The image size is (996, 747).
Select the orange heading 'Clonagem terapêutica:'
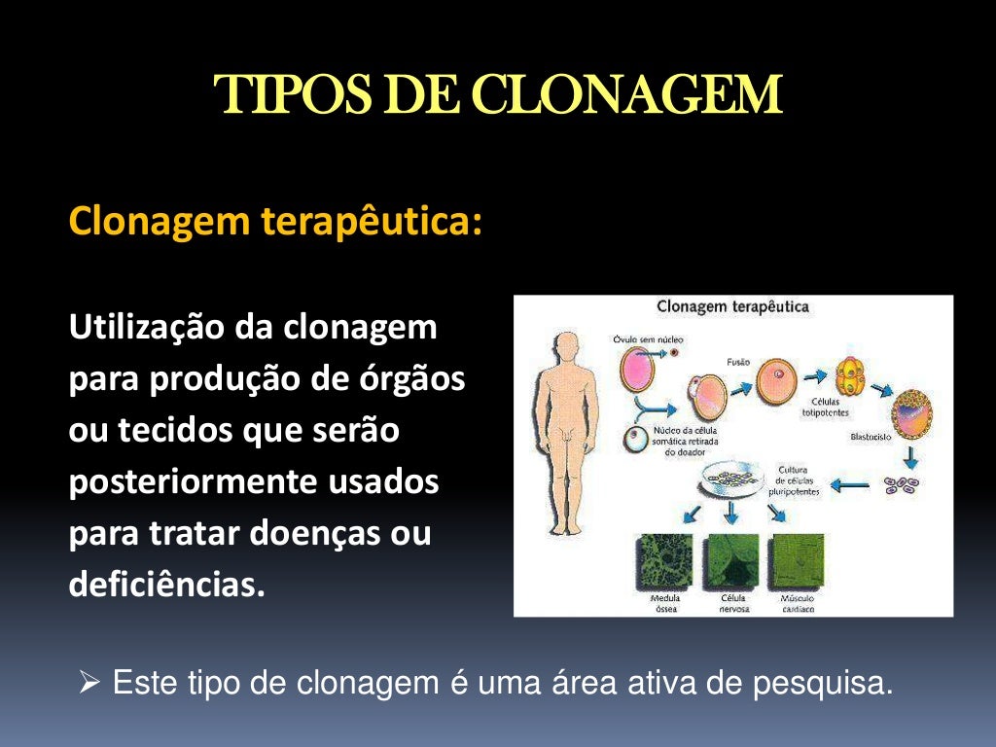[275, 222]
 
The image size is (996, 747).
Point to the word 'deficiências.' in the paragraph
[166, 586]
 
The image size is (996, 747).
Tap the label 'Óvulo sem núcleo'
[648, 339]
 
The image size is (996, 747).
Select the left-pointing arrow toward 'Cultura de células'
[847, 483]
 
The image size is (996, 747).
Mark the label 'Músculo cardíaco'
[797, 604]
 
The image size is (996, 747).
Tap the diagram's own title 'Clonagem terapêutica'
[732, 307]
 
